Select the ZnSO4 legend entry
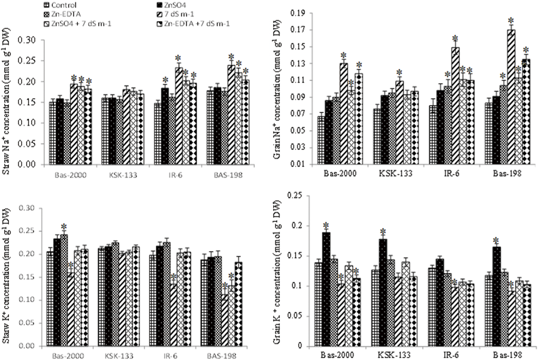[x=175, y=5]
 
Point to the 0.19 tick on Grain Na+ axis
[x=298, y=13]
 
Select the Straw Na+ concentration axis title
[x=7, y=101]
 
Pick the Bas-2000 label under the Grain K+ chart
[x=337, y=355]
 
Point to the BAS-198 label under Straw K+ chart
[x=226, y=356]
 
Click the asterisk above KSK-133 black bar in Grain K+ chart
[x=383, y=232]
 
